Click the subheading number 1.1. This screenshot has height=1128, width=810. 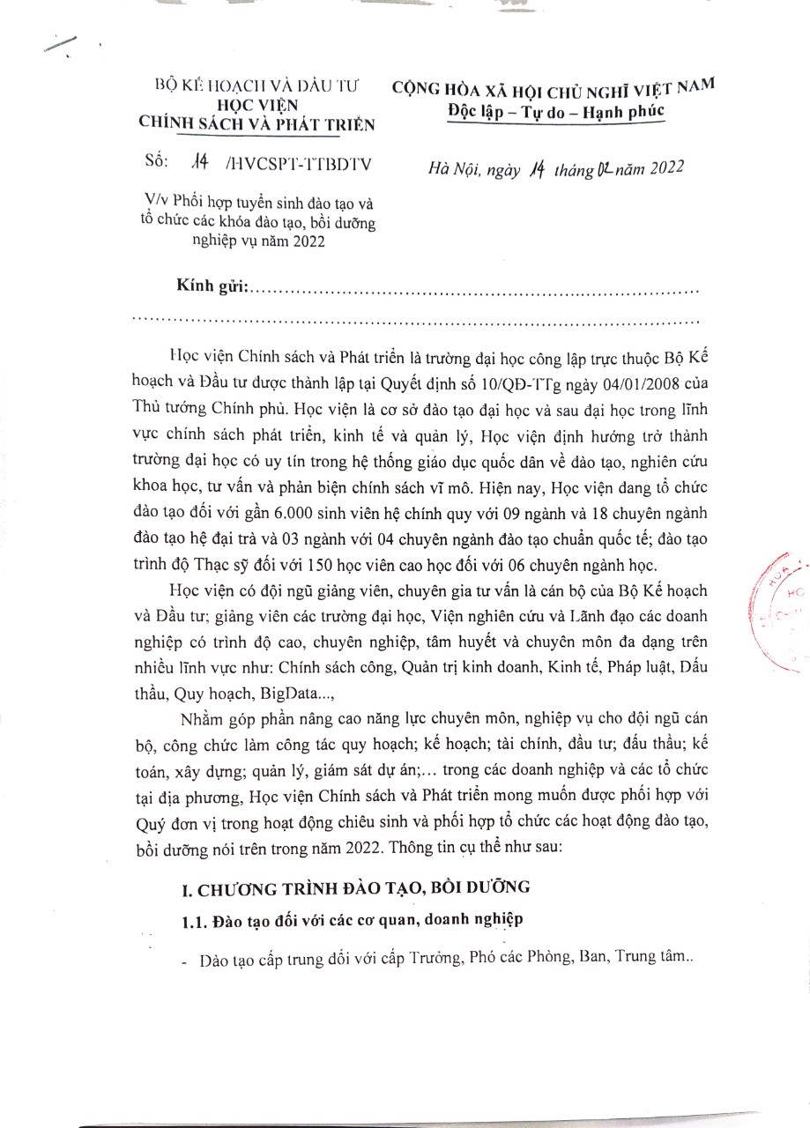coord(191,922)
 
